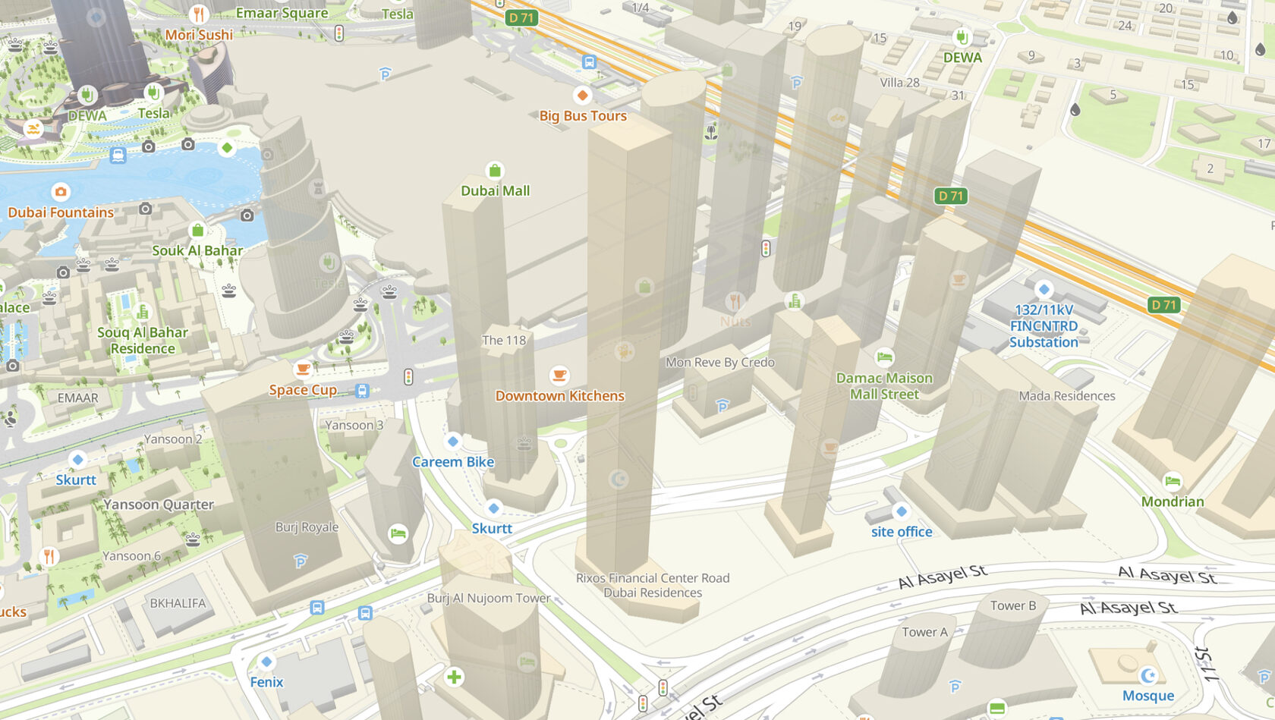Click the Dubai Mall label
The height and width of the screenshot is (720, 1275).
(x=495, y=191)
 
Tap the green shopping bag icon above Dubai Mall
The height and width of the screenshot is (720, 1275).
(x=495, y=170)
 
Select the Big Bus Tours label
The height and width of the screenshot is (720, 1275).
(x=583, y=116)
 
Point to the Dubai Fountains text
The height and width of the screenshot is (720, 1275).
(x=61, y=212)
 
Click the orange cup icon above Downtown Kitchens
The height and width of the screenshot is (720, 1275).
(x=559, y=375)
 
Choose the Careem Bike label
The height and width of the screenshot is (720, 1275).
(x=453, y=462)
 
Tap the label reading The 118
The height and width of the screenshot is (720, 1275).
(x=504, y=341)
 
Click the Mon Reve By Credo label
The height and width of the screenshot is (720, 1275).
(x=719, y=363)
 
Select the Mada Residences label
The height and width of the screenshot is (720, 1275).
(x=1066, y=396)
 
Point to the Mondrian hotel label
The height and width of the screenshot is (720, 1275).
(x=1172, y=501)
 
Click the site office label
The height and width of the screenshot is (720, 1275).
(x=901, y=532)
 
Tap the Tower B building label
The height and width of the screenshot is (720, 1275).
(x=1012, y=605)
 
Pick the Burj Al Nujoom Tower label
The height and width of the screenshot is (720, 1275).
(x=488, y=598)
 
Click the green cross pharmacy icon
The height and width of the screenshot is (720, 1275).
(x=454, y=677)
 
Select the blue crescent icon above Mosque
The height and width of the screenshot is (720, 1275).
(x=1148, y=674)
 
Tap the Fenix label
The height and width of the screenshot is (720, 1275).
(x=266, y=682)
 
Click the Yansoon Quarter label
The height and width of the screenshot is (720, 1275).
(x=159, y=505)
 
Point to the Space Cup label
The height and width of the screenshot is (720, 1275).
(x=303, y=390)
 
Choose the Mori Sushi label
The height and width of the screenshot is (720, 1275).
(x=199, y=35)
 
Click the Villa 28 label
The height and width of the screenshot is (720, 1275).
(x=899, y=83)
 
